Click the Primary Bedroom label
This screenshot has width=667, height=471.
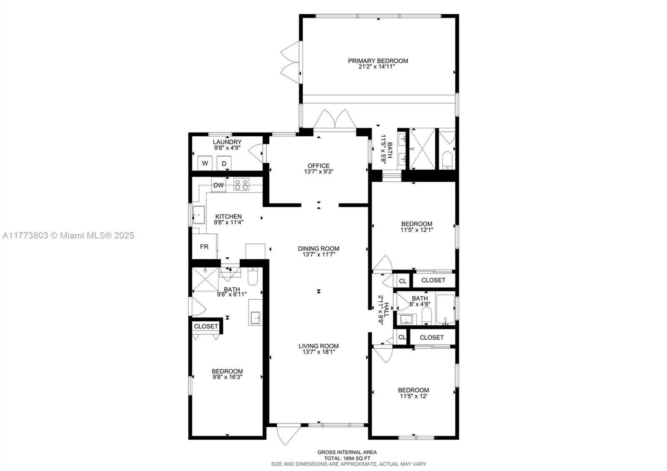pyautogui.click(x=378, y=61)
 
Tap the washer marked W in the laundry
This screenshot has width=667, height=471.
pyautogui.click(x=205, y=163)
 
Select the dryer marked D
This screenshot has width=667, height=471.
pyautogui.click(x=224, y=163)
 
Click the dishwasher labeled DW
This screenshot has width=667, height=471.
pyautogui.click(x=218, y=185)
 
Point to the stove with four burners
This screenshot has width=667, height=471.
pyautogui.click(x=241, y=184)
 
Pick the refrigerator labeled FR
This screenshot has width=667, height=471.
pyautogui.click(x=204, y=247)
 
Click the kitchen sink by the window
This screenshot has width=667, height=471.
pyautogui.click(x=198, y=215)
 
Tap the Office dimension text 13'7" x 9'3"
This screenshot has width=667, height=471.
pyautogui.click(x=318, y=171)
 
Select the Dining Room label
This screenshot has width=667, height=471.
pyautogui.click(x=318, y=248)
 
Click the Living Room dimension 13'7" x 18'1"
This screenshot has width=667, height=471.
pyautogui.click(x=318, y=352)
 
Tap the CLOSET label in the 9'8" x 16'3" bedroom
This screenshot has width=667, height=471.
pyautogui.click(x=206, y=326)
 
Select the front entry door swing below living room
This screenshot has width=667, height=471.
pyautogui.click(x=287, y=434)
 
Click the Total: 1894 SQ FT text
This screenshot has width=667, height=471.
pyautogui.click(x=347, y=458)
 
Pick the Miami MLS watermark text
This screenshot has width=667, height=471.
pyautogui.click(x=68, y=235)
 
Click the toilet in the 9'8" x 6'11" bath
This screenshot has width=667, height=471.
pyautogui.click(x=253, y=276)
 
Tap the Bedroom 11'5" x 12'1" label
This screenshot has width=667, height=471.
pyautogui.click(x=416, y=224)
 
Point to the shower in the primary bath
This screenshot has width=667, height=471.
pyautogui.click(x=422, y=149)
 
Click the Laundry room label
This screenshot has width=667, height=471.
pyautogui.click(x=227, y=142)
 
